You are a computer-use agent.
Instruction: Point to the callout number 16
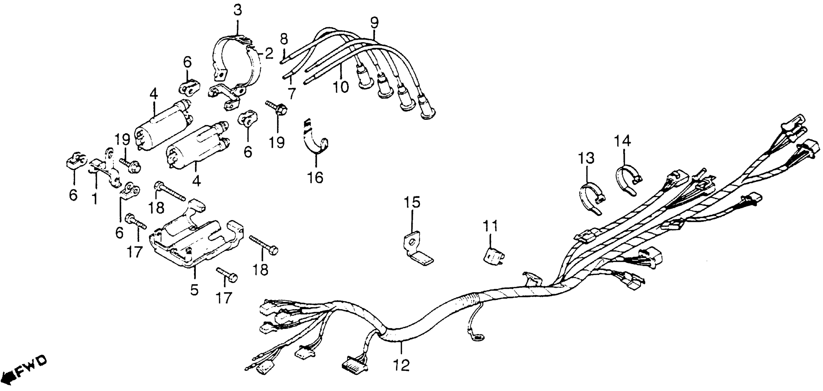[316, 177]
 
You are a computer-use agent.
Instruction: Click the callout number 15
[412, 203]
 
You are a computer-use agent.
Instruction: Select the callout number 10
[341, 87]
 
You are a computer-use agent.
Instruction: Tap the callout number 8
[284, 40]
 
